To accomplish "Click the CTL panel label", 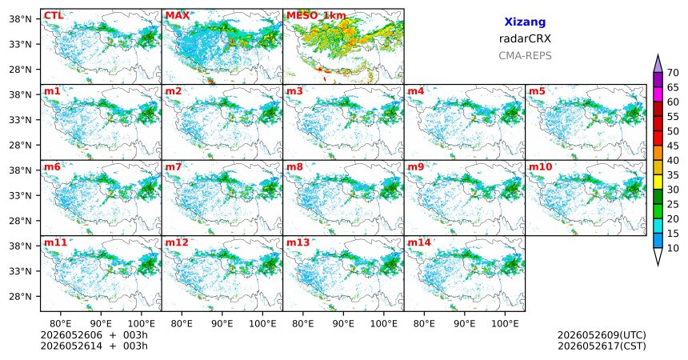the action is [54, 16].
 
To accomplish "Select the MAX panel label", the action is [178, 16].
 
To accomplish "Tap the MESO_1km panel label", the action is [316, 16].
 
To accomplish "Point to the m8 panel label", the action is [294, 167].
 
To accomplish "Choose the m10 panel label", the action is [540, 167].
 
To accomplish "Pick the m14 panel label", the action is [419, 242].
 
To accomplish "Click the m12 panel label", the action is [176, 242].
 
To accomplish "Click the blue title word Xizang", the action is [525, 22].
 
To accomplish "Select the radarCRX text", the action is [525, 38].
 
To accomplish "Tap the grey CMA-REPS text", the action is [525, 56].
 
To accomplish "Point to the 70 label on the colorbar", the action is [673, 73].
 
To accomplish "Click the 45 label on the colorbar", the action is [673, 146].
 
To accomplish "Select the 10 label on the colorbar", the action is [673, 248].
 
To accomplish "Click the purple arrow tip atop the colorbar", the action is [658, 54].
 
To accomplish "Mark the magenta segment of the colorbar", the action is [658, 94].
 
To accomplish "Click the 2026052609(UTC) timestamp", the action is [602, 335].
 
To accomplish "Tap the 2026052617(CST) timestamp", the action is [602, 346].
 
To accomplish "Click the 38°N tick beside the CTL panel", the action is [20, 19].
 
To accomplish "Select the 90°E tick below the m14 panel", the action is [465, 324].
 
